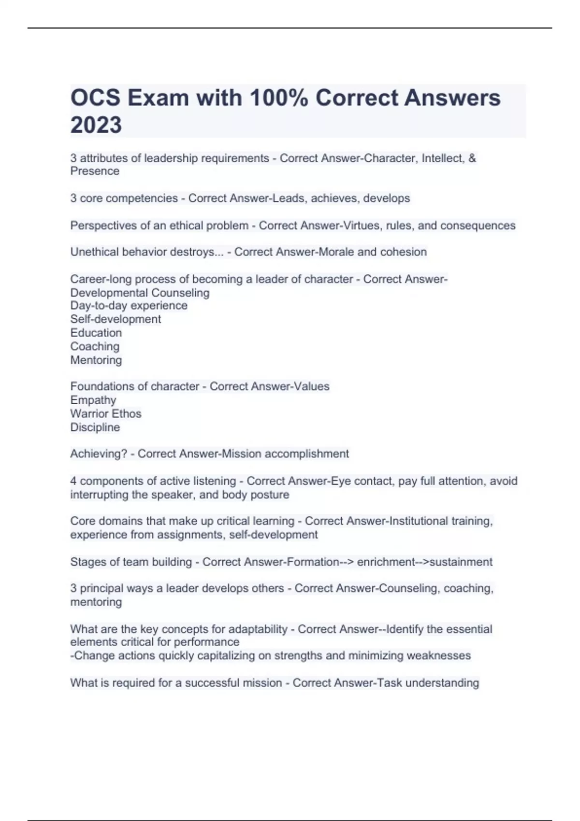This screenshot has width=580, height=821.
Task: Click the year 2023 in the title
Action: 96,125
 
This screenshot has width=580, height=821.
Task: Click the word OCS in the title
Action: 95,98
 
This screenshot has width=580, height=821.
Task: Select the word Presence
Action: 95,171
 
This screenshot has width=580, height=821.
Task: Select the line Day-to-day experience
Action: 129,306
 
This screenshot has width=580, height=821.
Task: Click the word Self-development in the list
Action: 116,319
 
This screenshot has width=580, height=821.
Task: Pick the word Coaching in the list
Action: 95,346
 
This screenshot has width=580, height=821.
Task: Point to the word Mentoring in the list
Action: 96,360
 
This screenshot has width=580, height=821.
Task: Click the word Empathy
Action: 93,400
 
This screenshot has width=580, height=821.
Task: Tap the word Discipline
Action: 95,427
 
